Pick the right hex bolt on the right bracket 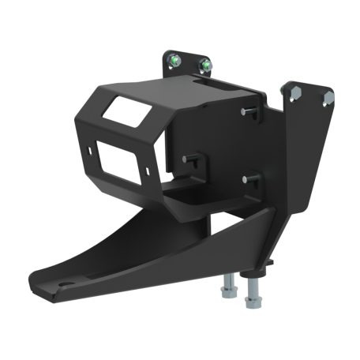(x=328, y=96)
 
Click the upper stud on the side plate (x=246, y=111)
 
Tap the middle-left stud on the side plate (x=187, y=159)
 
